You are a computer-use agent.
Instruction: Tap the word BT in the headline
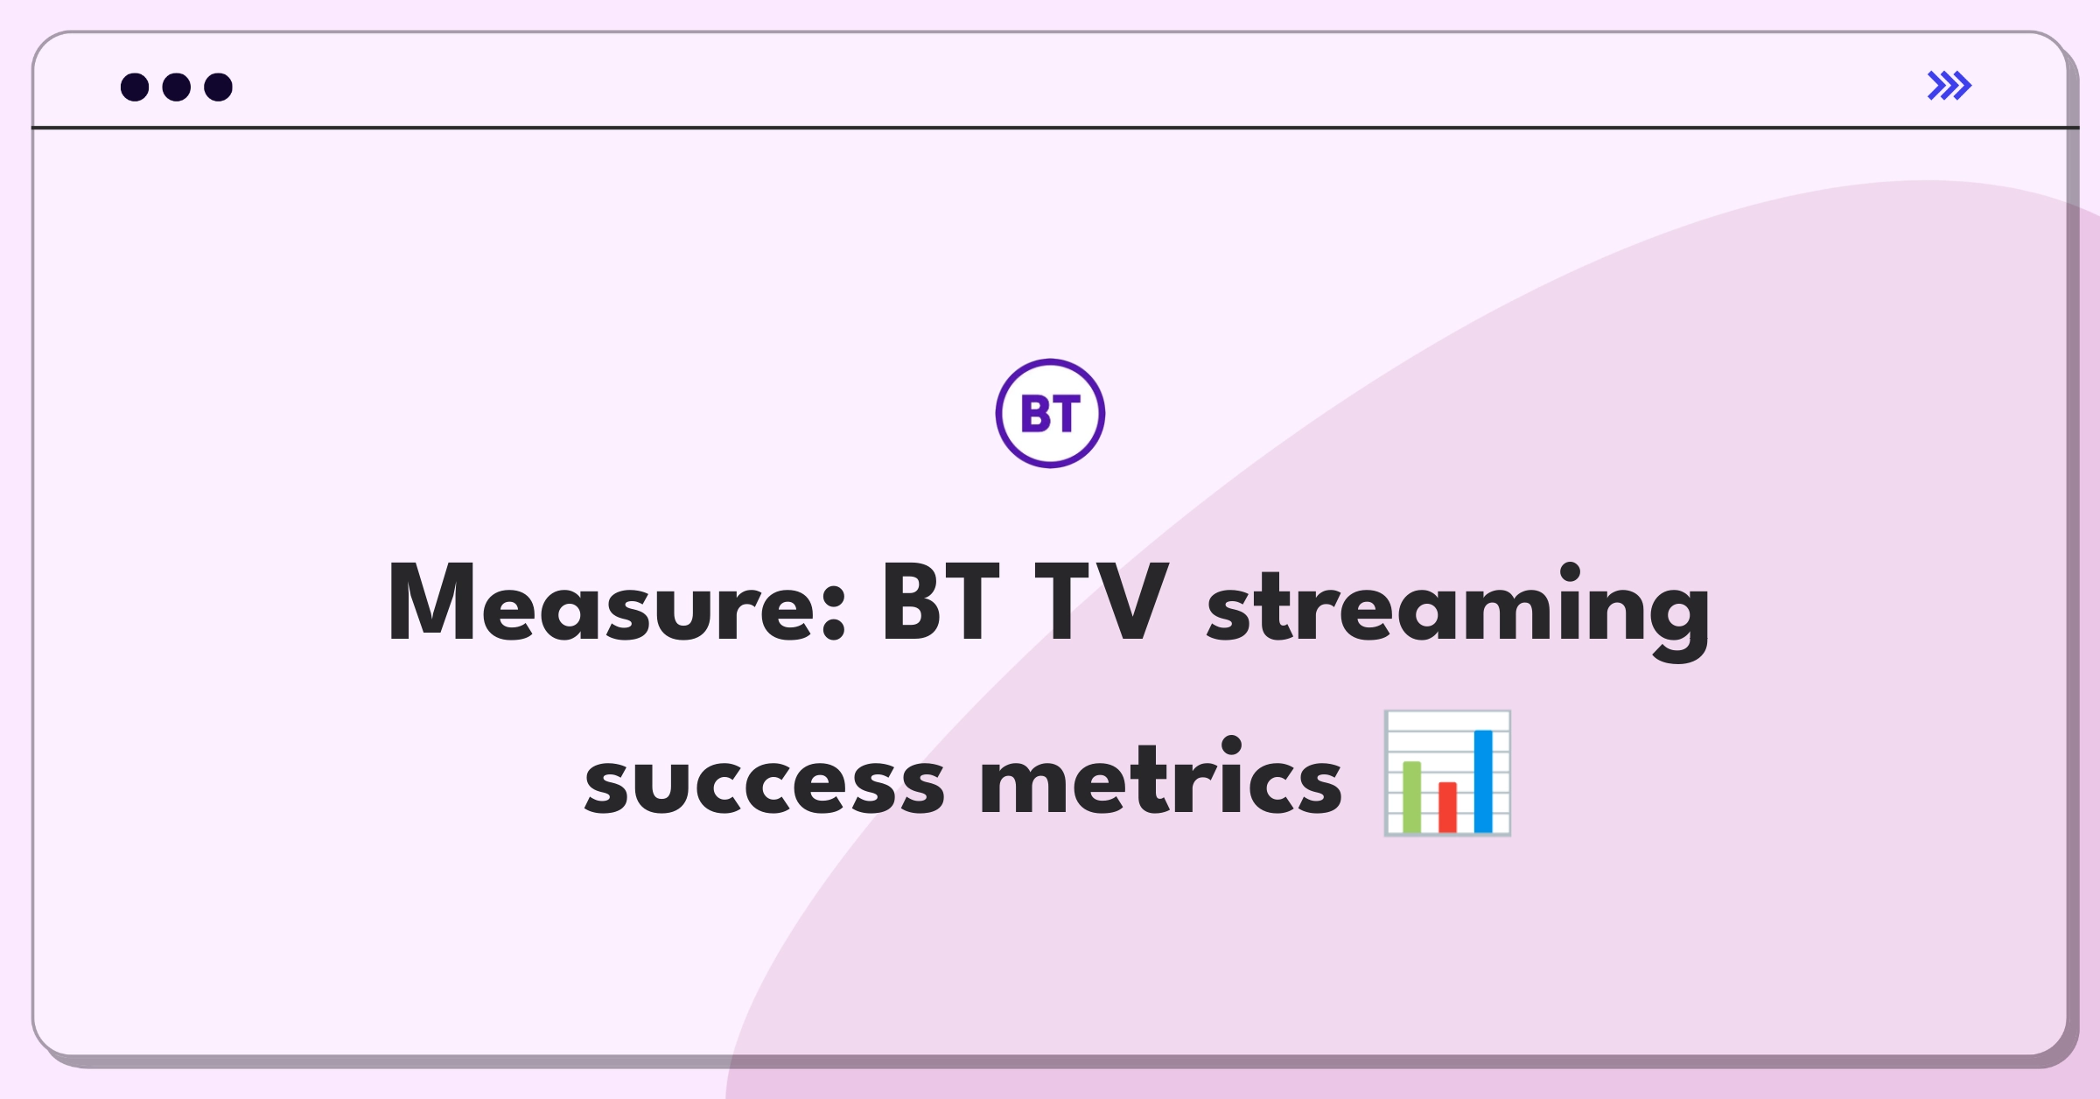940,603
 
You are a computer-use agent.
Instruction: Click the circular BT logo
1050,413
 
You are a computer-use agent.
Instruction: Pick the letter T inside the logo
1065,414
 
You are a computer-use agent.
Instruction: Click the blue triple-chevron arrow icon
1949,86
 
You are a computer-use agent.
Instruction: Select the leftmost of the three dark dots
135,87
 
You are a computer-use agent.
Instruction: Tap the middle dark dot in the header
177,87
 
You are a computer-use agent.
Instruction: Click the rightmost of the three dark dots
219,87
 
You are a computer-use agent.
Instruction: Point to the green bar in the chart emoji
1411,797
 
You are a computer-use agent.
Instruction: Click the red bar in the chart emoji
1447,808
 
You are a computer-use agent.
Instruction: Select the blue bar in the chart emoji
1483,781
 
